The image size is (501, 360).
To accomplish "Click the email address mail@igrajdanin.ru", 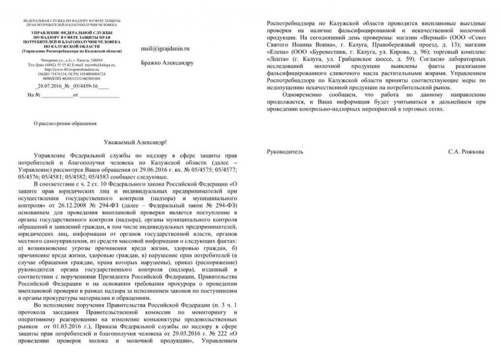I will coord(164,49).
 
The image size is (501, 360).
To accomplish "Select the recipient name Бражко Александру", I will coord(167,63).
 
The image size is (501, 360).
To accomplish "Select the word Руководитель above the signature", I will coord(285,152).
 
